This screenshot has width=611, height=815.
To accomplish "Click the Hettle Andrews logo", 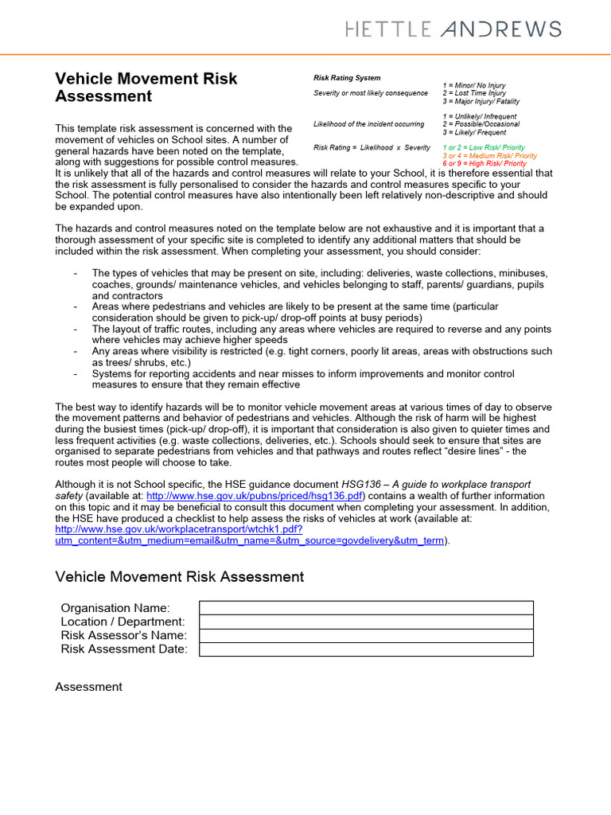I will point(453,29).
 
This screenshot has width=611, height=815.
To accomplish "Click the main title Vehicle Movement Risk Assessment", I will point(146,88).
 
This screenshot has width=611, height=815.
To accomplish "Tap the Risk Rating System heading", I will point(347,78).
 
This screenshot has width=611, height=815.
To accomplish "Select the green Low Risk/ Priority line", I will point(484,148).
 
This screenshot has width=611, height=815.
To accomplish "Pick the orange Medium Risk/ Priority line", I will point(489,156).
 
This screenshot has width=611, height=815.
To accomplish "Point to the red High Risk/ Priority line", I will point(485,164).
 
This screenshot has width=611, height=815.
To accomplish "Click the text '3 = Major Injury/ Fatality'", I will point(481,101).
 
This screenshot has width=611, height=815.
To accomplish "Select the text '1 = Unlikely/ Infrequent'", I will point(479,117).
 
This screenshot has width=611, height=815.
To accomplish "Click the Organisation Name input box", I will point(366,608).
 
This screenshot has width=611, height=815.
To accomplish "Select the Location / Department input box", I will point(366,622).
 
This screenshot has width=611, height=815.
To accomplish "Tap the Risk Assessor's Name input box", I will point(366,635).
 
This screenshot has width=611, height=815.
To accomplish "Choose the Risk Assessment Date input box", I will point(366,649).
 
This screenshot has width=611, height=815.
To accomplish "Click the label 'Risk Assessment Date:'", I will point(124,649).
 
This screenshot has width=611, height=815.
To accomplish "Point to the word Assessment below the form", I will point(88,687).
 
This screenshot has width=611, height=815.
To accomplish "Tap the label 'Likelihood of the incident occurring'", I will point(370,124).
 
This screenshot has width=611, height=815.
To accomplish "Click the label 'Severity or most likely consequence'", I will point(371,93).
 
